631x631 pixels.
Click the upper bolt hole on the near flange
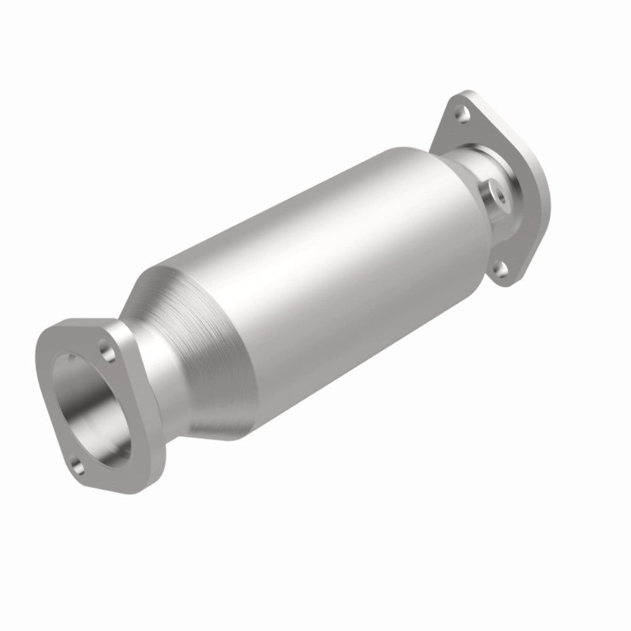105,348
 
